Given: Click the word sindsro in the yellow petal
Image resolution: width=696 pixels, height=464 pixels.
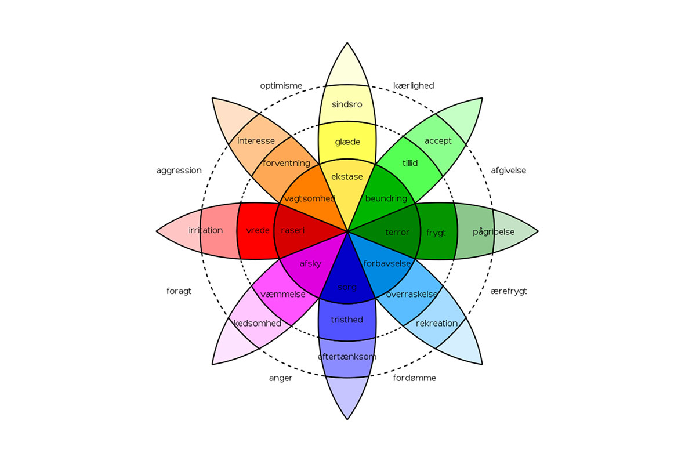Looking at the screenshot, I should point(347,104).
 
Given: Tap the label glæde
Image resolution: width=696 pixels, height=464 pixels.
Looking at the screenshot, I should point(347,142).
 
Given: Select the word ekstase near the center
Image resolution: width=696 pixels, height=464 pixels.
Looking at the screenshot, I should point(347,176).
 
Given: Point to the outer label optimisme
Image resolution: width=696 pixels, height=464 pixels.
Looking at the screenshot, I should point(281,86).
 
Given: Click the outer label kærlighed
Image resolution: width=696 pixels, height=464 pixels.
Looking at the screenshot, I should point(414,86).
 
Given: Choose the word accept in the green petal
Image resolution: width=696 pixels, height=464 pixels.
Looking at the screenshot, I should point(438,141).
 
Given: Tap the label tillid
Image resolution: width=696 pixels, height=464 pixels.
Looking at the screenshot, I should point(410,163).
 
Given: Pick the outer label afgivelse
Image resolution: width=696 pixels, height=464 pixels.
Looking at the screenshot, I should point(509,171).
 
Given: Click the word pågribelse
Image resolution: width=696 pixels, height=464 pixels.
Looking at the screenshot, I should point(494,232).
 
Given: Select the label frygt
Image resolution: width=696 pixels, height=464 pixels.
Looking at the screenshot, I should point(436,233).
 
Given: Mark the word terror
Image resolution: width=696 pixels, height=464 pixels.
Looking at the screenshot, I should point(397,233).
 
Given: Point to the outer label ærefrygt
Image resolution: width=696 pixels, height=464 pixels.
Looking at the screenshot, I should point(509,291).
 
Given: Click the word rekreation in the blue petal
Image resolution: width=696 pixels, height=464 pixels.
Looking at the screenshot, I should point(437,323).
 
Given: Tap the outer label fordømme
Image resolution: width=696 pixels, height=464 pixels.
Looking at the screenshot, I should point(414,378).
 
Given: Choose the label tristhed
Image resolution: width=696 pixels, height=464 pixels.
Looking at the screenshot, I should point(347,320).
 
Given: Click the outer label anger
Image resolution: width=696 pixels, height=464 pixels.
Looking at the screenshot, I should point(281,378).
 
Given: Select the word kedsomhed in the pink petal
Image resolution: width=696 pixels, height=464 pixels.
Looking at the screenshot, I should point(257,323).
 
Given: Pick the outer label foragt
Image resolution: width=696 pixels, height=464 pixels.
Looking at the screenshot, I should point(179,291).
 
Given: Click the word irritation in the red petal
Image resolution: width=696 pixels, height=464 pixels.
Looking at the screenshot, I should point(205,230).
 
